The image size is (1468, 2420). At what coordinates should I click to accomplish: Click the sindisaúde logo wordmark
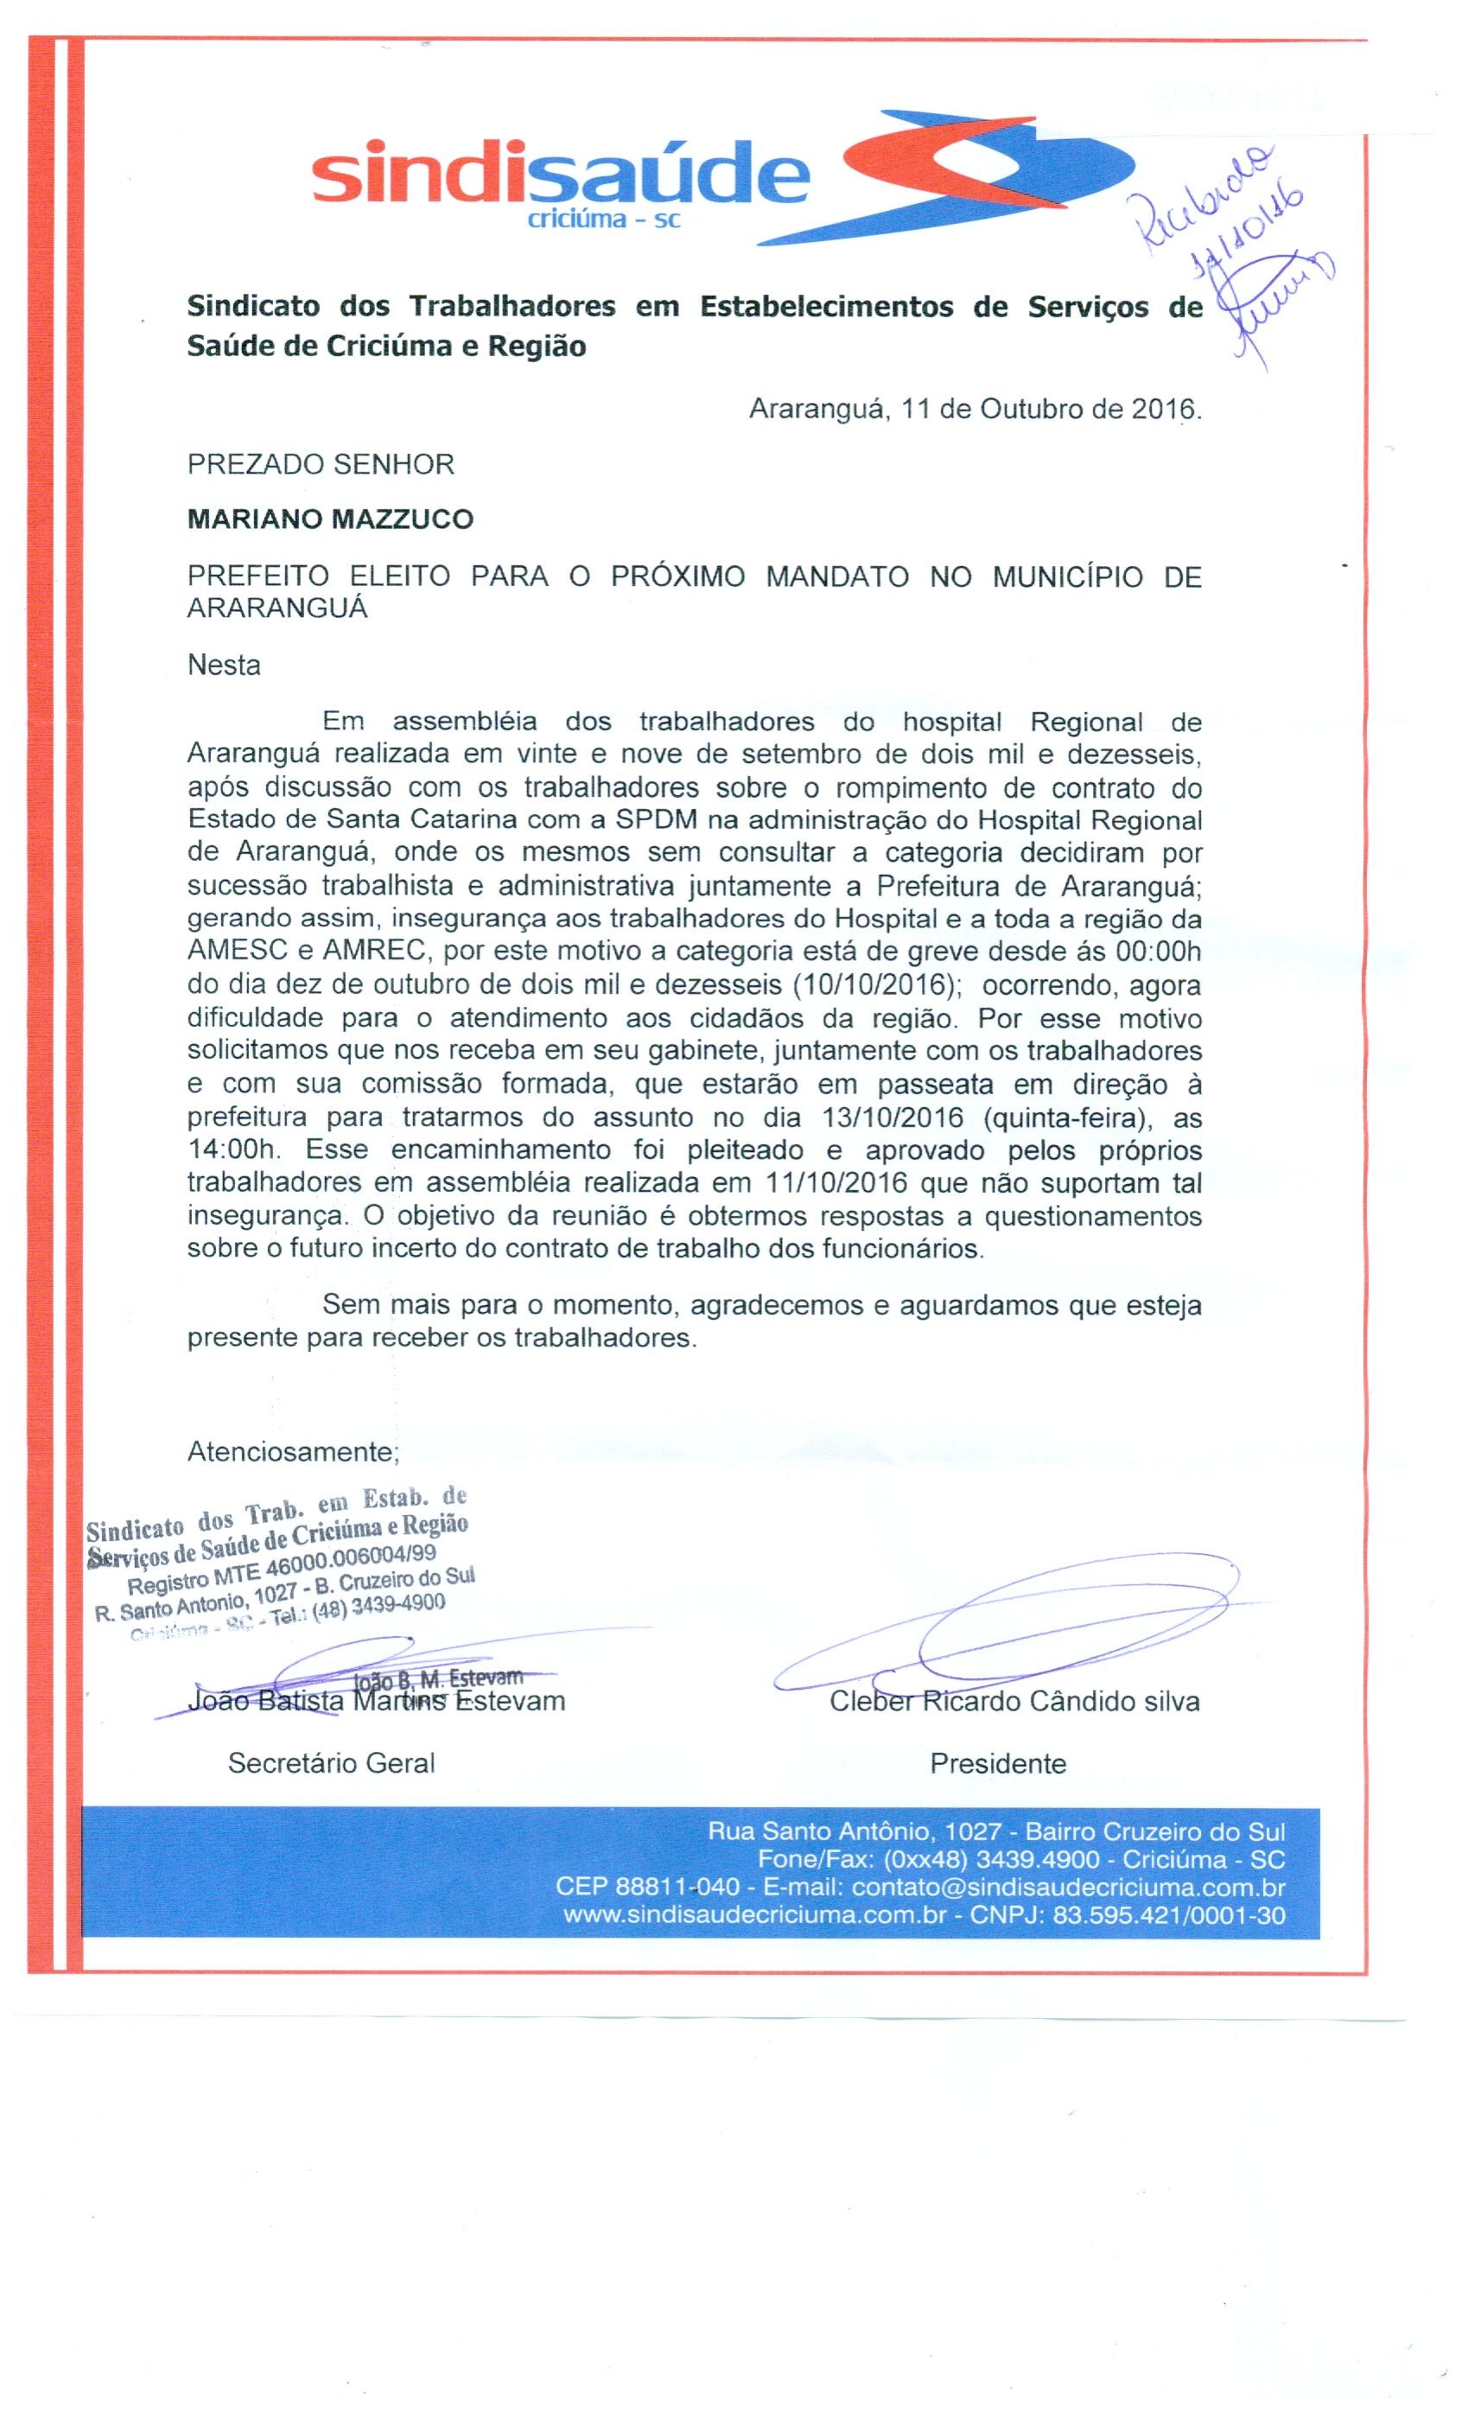point(560,177)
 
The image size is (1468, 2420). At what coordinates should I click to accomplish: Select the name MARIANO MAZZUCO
point(330,519)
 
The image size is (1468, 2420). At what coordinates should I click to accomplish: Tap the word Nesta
point(224,665)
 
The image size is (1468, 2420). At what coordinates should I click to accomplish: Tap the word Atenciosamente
point(293,1450)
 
